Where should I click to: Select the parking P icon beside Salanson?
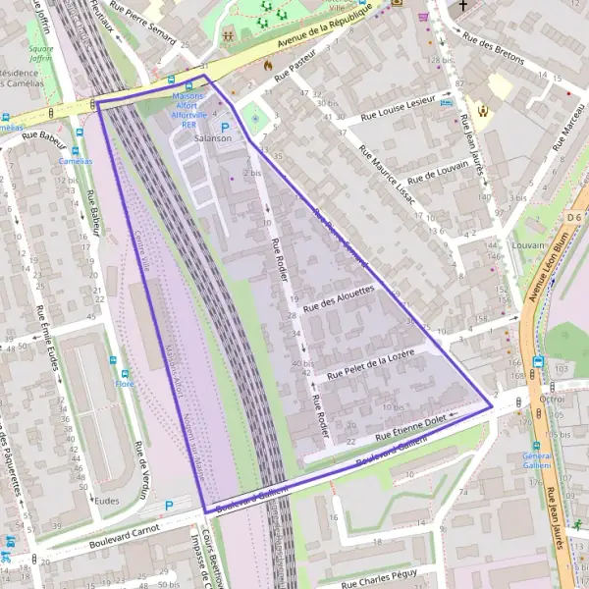point(225,128)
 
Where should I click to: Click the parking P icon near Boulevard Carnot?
point(168,506)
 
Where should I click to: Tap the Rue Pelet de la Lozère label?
point(371,362)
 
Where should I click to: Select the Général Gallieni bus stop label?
point(537,462)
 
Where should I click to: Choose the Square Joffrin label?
point(40,52)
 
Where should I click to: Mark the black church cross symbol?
point(462,5)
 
